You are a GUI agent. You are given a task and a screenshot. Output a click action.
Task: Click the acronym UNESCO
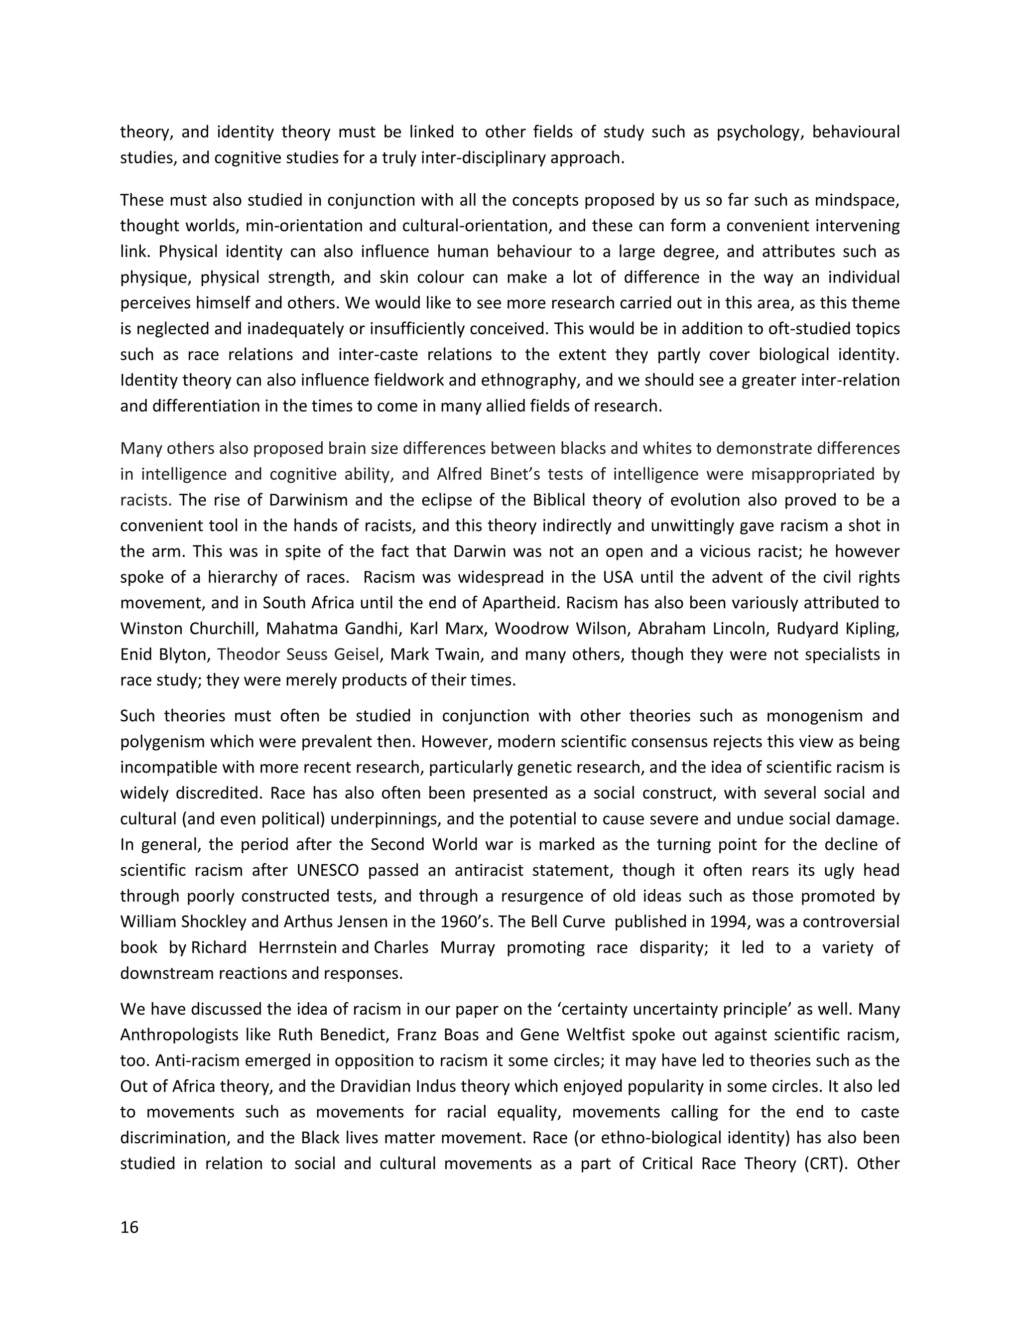coord(328,870)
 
